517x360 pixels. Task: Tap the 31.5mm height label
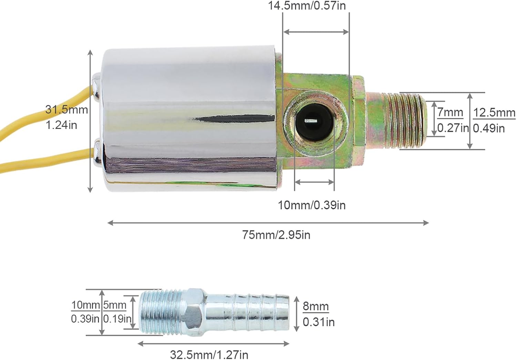(67, 110)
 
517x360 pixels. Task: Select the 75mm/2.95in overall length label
(276, 235)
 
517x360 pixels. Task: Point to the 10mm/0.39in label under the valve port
(312, 205)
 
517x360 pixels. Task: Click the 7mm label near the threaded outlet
(450, 112)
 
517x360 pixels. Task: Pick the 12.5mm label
(494, 113)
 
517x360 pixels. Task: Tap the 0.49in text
(489, 128)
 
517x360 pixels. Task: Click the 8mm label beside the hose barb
(315, 306)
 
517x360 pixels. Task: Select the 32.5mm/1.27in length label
(209, 354)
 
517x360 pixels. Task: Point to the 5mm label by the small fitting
(115, 305)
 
